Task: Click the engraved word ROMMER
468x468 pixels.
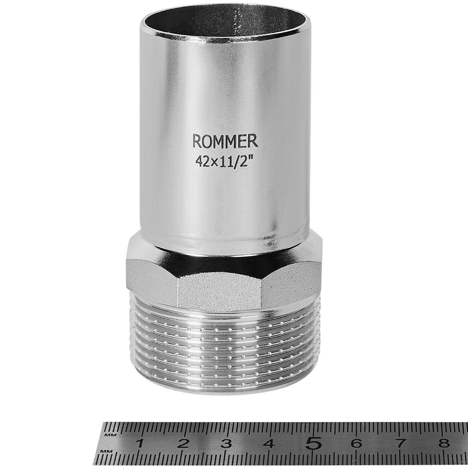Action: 225,141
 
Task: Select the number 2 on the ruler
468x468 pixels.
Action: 184,444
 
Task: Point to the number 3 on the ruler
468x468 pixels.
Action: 227,444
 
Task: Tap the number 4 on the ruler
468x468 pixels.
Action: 270,444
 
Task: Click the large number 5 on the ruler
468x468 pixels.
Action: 314,442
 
